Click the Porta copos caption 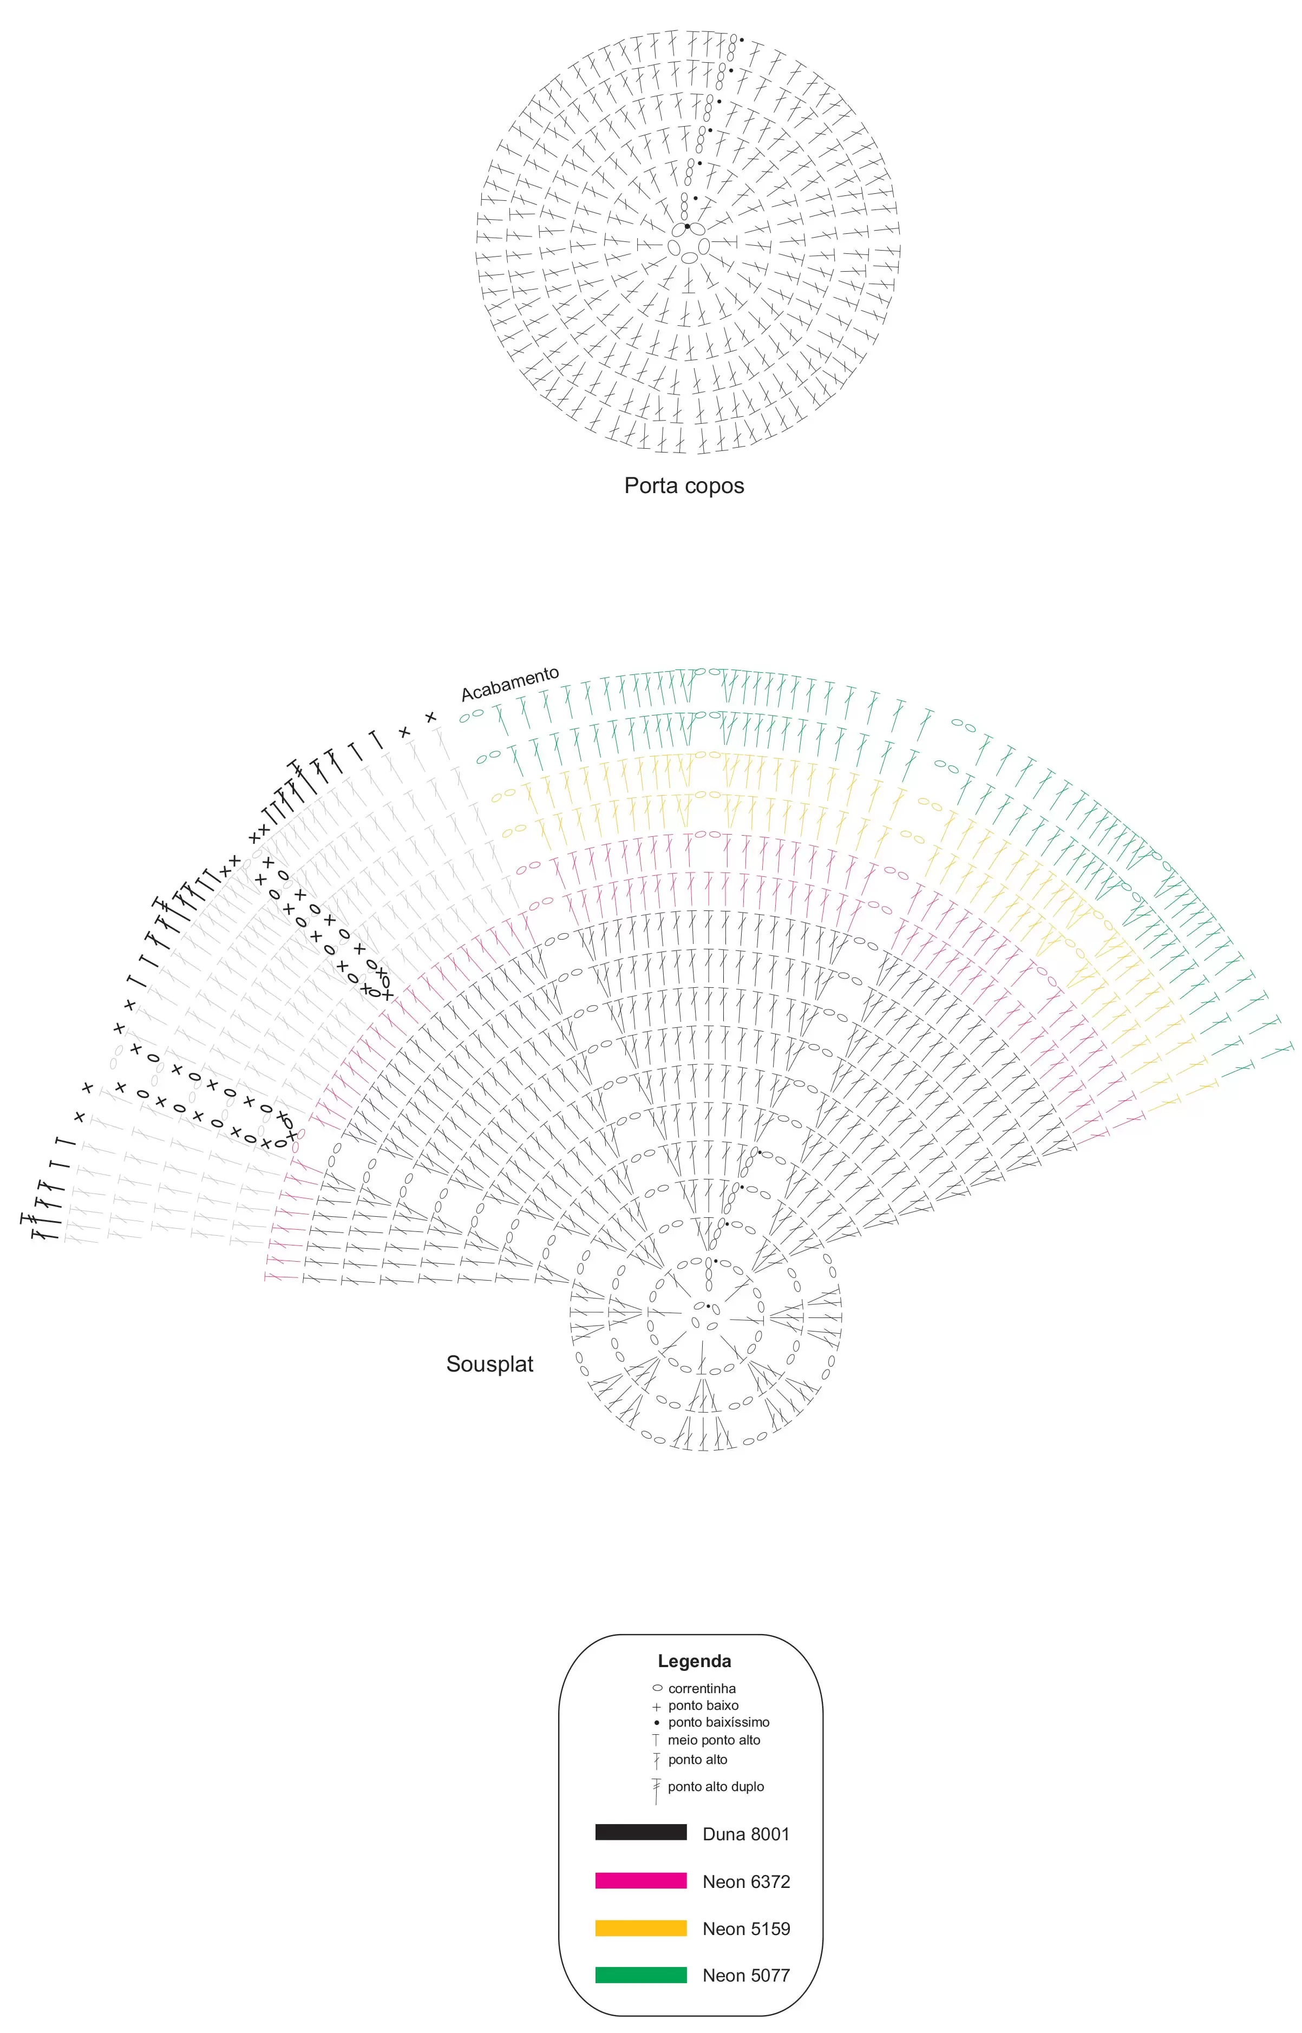pyautogui.click(x=684, y=486)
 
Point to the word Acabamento pyautogui.click(x=510, y=683)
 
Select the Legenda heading pyautogui.click(x=694, y=1661)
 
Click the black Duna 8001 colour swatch pyautogui.click(x=641, y=1832)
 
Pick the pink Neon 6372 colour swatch pyautogui.click(x=641, y=1881)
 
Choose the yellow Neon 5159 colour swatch pyautogui.click(x=641, y=1928)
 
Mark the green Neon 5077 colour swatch pyautogui.click(x=641, y=1975)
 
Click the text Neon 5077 pyautogui.click(x=745, y=1976)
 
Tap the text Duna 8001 pyautogui.click(x=745, y=1834)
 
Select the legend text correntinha pyautogui.click(x=702, y=1688)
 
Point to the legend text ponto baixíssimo pyautogui.click(x=718, y=1722)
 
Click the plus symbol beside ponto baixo pyautogui.click(x=656, y=1707)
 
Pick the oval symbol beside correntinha pyautogui.click(x=657, y=1688)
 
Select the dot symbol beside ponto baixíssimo pyautogui.click(x=656, y=1722)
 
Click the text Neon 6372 pyautogui.click(x=745, y=1881)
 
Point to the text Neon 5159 pyautogui.click(x=745, y=1929)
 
